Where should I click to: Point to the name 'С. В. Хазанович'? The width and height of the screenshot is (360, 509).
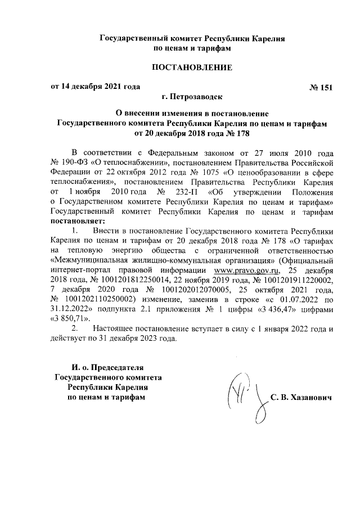(x=301, y=398)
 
